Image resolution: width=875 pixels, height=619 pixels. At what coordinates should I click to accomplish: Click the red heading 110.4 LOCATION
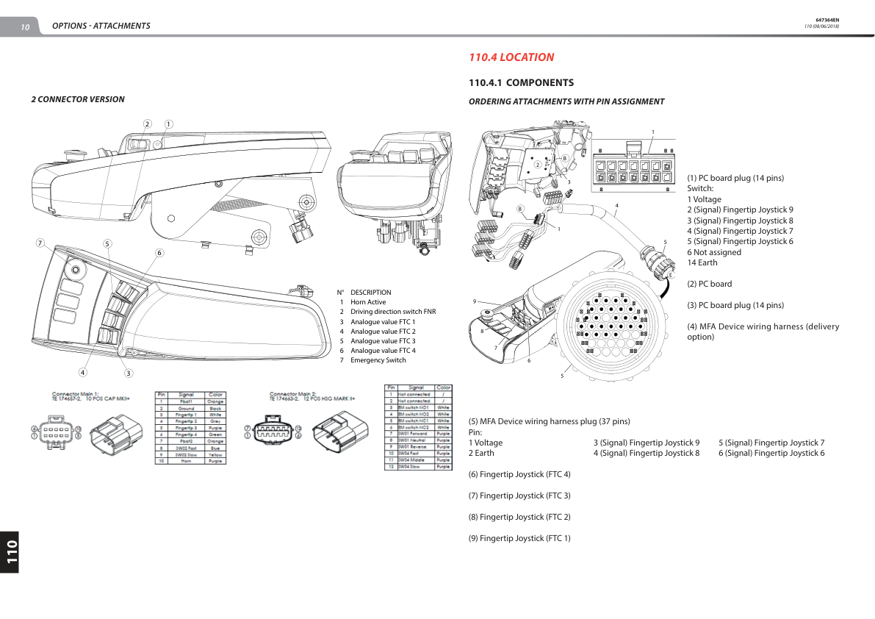(x=511, y=57)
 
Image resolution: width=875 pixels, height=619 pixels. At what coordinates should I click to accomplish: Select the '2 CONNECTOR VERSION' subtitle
(x=78, y=99)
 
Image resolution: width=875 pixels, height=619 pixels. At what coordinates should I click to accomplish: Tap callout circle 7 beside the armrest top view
(x=40, y=243)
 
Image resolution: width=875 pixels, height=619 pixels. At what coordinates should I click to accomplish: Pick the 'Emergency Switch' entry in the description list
(x=378, y=360)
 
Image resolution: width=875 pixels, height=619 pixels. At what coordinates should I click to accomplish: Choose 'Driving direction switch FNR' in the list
(x=392, y=312)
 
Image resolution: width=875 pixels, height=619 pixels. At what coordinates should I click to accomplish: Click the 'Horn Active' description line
(x=367, y=302)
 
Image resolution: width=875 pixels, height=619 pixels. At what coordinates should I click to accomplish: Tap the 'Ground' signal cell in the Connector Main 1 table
(x=187, y=408)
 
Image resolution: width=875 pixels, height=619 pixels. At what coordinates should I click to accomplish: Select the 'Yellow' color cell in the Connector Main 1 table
(x=215, y=454)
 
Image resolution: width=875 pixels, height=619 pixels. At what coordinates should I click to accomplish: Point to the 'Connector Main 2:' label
(x=292, y=393)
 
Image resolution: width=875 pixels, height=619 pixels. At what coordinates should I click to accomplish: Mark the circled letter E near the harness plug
(x=670, y=276)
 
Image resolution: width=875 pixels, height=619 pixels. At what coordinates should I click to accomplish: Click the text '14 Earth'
(x=702, y=262)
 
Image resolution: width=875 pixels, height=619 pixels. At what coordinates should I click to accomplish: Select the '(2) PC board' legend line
(x=709, y=284)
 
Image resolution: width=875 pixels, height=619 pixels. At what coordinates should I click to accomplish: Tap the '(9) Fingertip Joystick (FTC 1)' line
(x=519, y=538)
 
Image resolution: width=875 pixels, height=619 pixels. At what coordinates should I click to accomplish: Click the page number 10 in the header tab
(x=25, y=27)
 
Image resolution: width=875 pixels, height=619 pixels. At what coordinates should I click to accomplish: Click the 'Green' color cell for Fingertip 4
(x=215, y=434)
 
